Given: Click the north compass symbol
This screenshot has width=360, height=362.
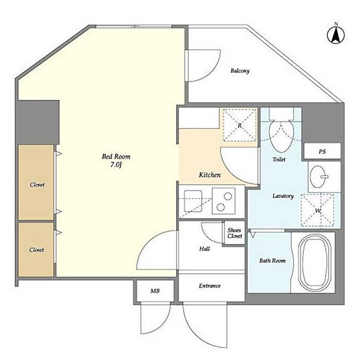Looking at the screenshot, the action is click(336, 34).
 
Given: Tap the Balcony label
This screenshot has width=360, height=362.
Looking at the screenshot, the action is click(240, 71).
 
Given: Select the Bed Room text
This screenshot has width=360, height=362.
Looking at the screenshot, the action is click(116, 156).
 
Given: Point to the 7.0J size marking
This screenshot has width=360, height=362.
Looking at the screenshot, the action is click(116, 165).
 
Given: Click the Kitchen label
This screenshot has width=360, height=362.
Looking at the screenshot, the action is click(210, 175).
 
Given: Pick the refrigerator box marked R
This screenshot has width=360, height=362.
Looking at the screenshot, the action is click(240, 125).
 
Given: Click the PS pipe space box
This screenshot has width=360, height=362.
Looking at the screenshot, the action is click(323, 151).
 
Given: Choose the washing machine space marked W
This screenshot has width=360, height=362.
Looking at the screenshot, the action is click(318, 210).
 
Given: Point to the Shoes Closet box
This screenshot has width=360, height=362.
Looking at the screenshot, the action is click(235, 233).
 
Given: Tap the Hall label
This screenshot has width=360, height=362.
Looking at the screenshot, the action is click(204, 249).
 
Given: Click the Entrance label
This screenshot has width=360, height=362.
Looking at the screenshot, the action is click(210, 286).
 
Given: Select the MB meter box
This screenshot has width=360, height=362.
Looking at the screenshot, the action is click(155, 291).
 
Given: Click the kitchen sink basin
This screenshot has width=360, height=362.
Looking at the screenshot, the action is click(193, 201).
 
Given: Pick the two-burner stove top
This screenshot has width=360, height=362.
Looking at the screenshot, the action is click(224, 201).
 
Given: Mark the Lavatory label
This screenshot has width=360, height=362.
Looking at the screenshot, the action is click(283, 196).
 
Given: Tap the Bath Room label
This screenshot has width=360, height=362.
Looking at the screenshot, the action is click(273, 261).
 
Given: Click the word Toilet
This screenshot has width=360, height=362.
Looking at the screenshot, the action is click(279, 159).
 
